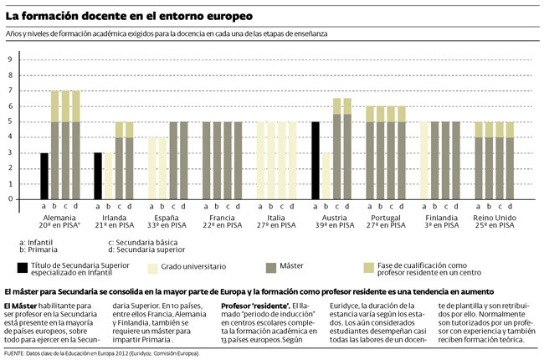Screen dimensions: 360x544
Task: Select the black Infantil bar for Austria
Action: click(x=316, y=161)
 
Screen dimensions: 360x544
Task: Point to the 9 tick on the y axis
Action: click(x=10, y=59)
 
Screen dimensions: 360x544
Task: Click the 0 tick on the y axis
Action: click(x=10, y=199)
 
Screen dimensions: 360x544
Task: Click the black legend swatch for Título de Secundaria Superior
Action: click(x=23, y=267)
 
